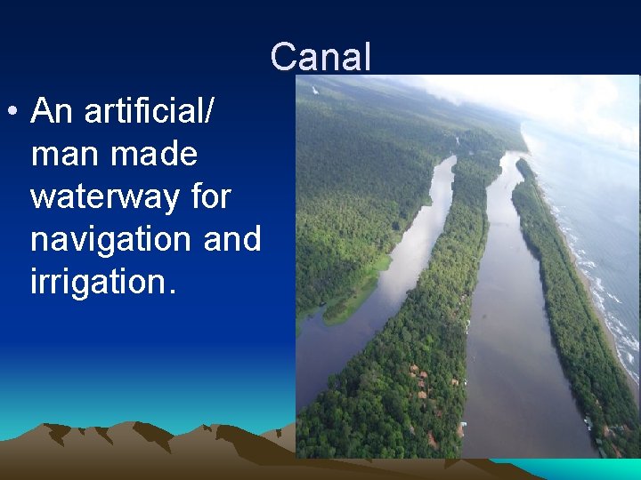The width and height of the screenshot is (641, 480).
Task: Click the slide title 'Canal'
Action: (x=320, y=57)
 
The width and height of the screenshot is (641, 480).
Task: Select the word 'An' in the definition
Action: (x=52, y=112)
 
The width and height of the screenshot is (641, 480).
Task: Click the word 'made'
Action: (x=154, y=155)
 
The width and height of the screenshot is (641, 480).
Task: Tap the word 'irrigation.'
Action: (x=104, y=283)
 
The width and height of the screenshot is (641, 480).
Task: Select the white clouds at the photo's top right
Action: (x=570, y=98)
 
